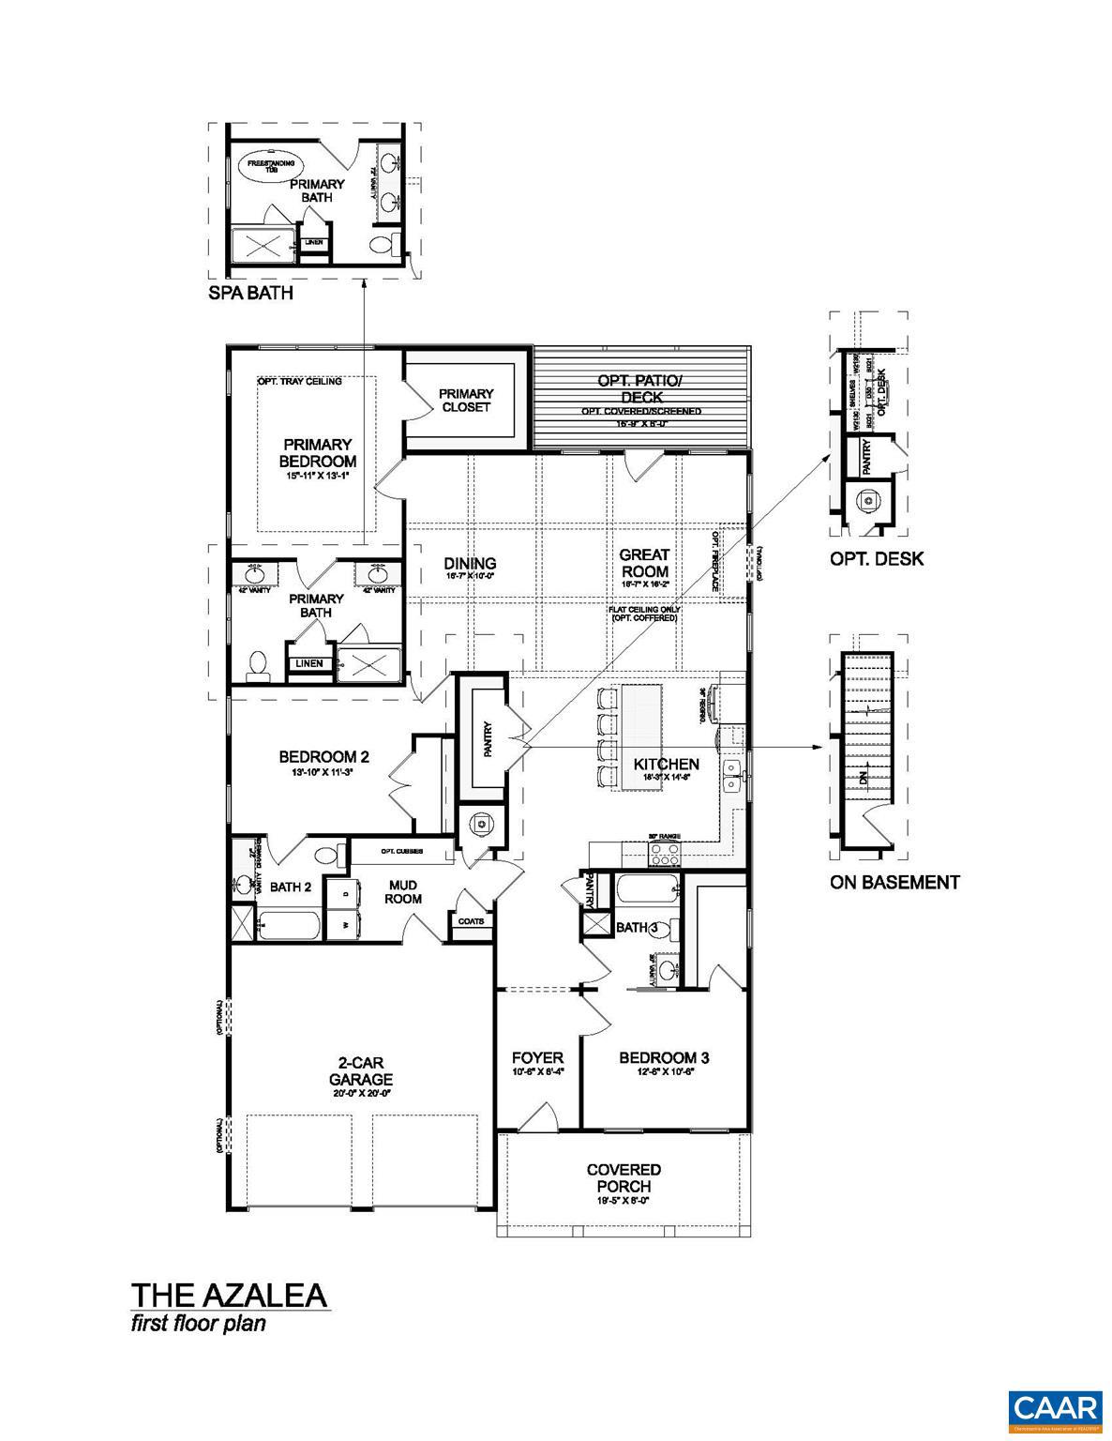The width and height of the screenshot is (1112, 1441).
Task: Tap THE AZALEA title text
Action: (x=229, y=1296)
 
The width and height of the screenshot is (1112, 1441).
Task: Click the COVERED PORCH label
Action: (x=624, y=1177)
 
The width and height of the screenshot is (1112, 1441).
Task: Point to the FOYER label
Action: (x=537, y=1058)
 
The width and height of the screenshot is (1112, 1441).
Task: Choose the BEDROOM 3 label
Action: (x=663, y=1058)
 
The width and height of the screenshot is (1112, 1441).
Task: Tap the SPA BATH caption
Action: (x=250, y=293)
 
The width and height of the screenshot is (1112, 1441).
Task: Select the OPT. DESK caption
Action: (x=876, y=559)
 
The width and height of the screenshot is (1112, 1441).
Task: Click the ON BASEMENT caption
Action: (x=894, y=882)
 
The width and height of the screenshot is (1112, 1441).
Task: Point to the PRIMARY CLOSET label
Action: (x=466, y=400)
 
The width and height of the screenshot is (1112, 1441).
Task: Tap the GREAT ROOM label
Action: (x=644, y=564)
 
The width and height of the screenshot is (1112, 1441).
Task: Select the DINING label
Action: (x=470, y=564)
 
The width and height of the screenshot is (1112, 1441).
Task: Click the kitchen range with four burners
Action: (x=665, y=854)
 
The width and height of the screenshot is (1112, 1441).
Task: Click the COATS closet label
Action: (x=471, y=921)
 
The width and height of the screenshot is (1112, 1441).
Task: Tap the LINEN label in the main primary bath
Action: (x=309, y=663)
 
